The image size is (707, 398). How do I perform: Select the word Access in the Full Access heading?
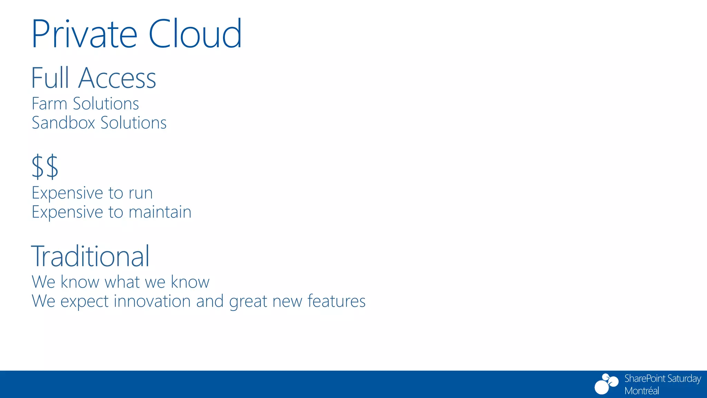tap(117, 78)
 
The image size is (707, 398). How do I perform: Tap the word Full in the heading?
tap(50, 78)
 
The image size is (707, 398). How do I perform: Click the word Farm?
tap(49, 104)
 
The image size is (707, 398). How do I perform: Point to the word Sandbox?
tap(63, 123)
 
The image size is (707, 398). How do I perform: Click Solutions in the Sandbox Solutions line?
tap(134, 123)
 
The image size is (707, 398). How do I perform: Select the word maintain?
tap(160, 212)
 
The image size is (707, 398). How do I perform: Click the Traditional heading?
tap(90, 256)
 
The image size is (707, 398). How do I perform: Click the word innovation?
tap(152, 301)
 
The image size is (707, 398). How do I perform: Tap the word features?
tap(336, 301)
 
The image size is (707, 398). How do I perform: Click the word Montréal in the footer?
tap(641, 391)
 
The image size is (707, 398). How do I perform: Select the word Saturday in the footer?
tap(684, 379)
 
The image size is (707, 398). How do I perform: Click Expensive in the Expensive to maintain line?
tap(67, 212)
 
